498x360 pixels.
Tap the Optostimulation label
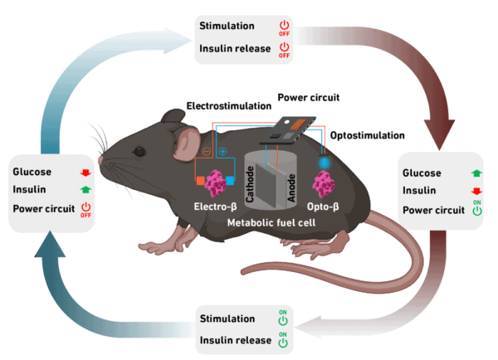tap(366, 135)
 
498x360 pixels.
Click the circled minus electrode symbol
tap(206, 151)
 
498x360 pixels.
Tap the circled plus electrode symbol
tap(222, 152)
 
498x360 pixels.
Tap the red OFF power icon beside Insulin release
tap(285, 51)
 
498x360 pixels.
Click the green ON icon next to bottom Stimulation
tap(283, 318)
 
